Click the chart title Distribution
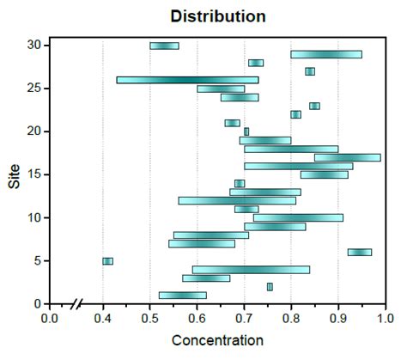[x=218, y=16]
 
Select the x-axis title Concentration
[x=217, y=340]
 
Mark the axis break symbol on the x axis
[x=77, y=303]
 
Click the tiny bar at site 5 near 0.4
[x=107, y=261]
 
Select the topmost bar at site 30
[x=164, y=46]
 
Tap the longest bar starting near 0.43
[x=187, y=80]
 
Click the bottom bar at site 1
[x=182, y=296]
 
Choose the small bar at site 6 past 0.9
[x=360, y=252]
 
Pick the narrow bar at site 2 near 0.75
[x=270, y=287]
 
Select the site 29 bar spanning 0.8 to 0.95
[x=326, y=54]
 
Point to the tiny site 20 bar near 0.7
[x=246, y=131]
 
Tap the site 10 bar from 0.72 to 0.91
[x=298, y=217]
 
